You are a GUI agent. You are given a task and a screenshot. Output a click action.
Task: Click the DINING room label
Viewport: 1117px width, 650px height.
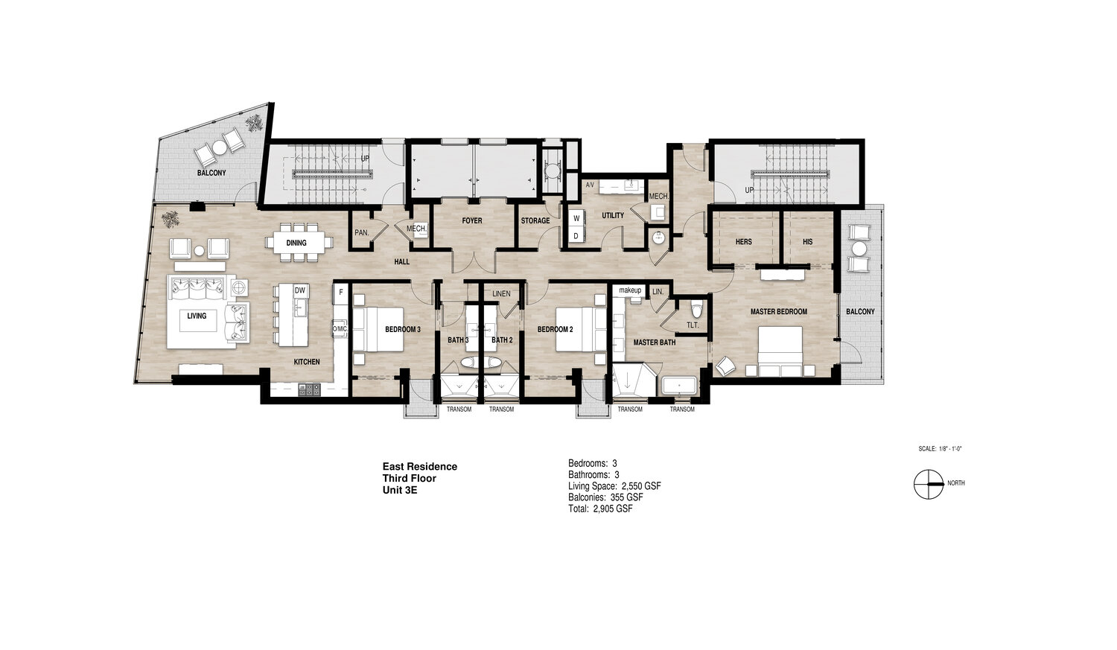click(296, 243)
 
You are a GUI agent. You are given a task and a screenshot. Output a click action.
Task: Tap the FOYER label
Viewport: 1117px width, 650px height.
click(471, 220)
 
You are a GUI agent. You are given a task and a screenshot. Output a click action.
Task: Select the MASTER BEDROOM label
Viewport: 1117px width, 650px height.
click(779, 311)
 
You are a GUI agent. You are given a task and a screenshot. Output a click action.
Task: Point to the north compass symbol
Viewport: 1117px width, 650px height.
click(929, 484)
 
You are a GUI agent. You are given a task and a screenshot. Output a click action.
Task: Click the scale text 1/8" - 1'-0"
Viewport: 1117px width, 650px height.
click(949, 449)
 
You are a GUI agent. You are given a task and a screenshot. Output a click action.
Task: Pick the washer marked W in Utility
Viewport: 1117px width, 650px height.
click(576, 218)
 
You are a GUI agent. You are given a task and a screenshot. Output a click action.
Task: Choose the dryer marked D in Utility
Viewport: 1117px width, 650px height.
click(576, 236)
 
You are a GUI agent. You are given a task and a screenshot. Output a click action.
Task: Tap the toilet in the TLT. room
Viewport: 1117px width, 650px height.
click(696, 309)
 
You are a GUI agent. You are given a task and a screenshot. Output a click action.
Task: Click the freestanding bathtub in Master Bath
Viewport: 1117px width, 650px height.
click(679, 386)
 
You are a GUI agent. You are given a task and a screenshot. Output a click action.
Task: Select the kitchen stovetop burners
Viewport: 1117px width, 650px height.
click(309, 389)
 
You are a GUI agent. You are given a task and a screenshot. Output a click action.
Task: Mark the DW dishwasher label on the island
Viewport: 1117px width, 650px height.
click(299, 290)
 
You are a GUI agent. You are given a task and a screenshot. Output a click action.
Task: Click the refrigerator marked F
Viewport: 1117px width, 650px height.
click(341, 293)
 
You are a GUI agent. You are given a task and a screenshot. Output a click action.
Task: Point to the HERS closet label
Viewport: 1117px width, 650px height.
click(743, 242)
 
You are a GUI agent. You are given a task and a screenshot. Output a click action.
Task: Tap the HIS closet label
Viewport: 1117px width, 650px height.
click(808, 242)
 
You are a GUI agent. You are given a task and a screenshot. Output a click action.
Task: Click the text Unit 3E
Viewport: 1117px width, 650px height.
click(400, 490)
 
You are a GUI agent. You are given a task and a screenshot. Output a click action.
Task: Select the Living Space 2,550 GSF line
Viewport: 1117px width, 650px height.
click(615, 486)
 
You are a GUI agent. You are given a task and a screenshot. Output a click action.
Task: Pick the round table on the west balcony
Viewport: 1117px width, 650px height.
click(220, 147)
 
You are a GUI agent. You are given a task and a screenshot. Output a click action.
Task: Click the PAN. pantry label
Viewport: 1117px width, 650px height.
click(361, 233)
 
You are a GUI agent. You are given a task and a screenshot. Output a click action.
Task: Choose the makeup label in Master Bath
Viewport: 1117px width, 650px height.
click(630, 290)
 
